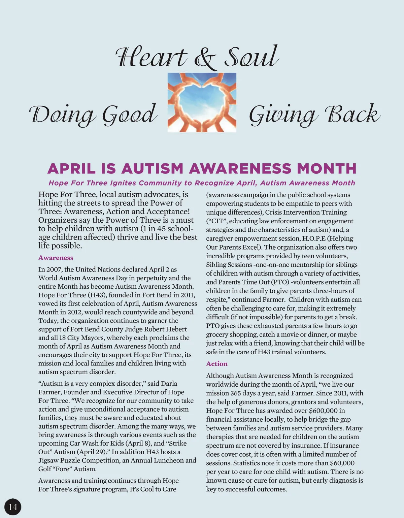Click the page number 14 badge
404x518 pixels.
point(13,507)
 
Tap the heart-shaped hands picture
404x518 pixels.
point(202,102)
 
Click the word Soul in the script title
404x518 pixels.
point(251,56)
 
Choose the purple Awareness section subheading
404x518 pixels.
point(56,258)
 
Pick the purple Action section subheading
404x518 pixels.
point(217,364)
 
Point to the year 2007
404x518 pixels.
point(54,269)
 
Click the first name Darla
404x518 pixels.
point(169,384)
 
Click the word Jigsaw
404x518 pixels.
point(48,460)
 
